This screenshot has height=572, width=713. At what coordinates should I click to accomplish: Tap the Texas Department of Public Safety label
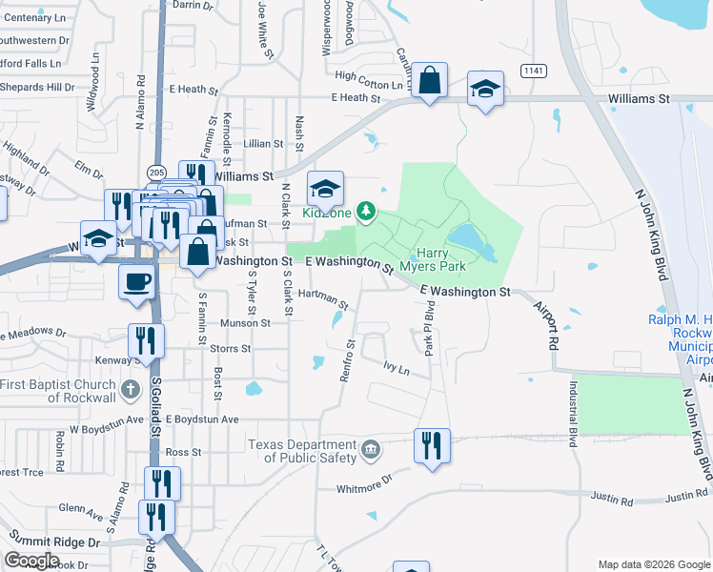tap(302, 451)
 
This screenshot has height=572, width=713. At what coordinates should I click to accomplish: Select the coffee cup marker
tap(134, 281)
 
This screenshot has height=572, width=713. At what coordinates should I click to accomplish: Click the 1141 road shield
tap(534, 71)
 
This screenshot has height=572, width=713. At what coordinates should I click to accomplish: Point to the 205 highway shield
tap(156, 172)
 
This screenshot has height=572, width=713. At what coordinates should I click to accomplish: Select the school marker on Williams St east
tap(486, 90)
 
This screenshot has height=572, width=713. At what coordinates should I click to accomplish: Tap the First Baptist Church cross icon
tap(132, 390)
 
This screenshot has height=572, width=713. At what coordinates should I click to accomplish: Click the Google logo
tap(32, 561)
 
